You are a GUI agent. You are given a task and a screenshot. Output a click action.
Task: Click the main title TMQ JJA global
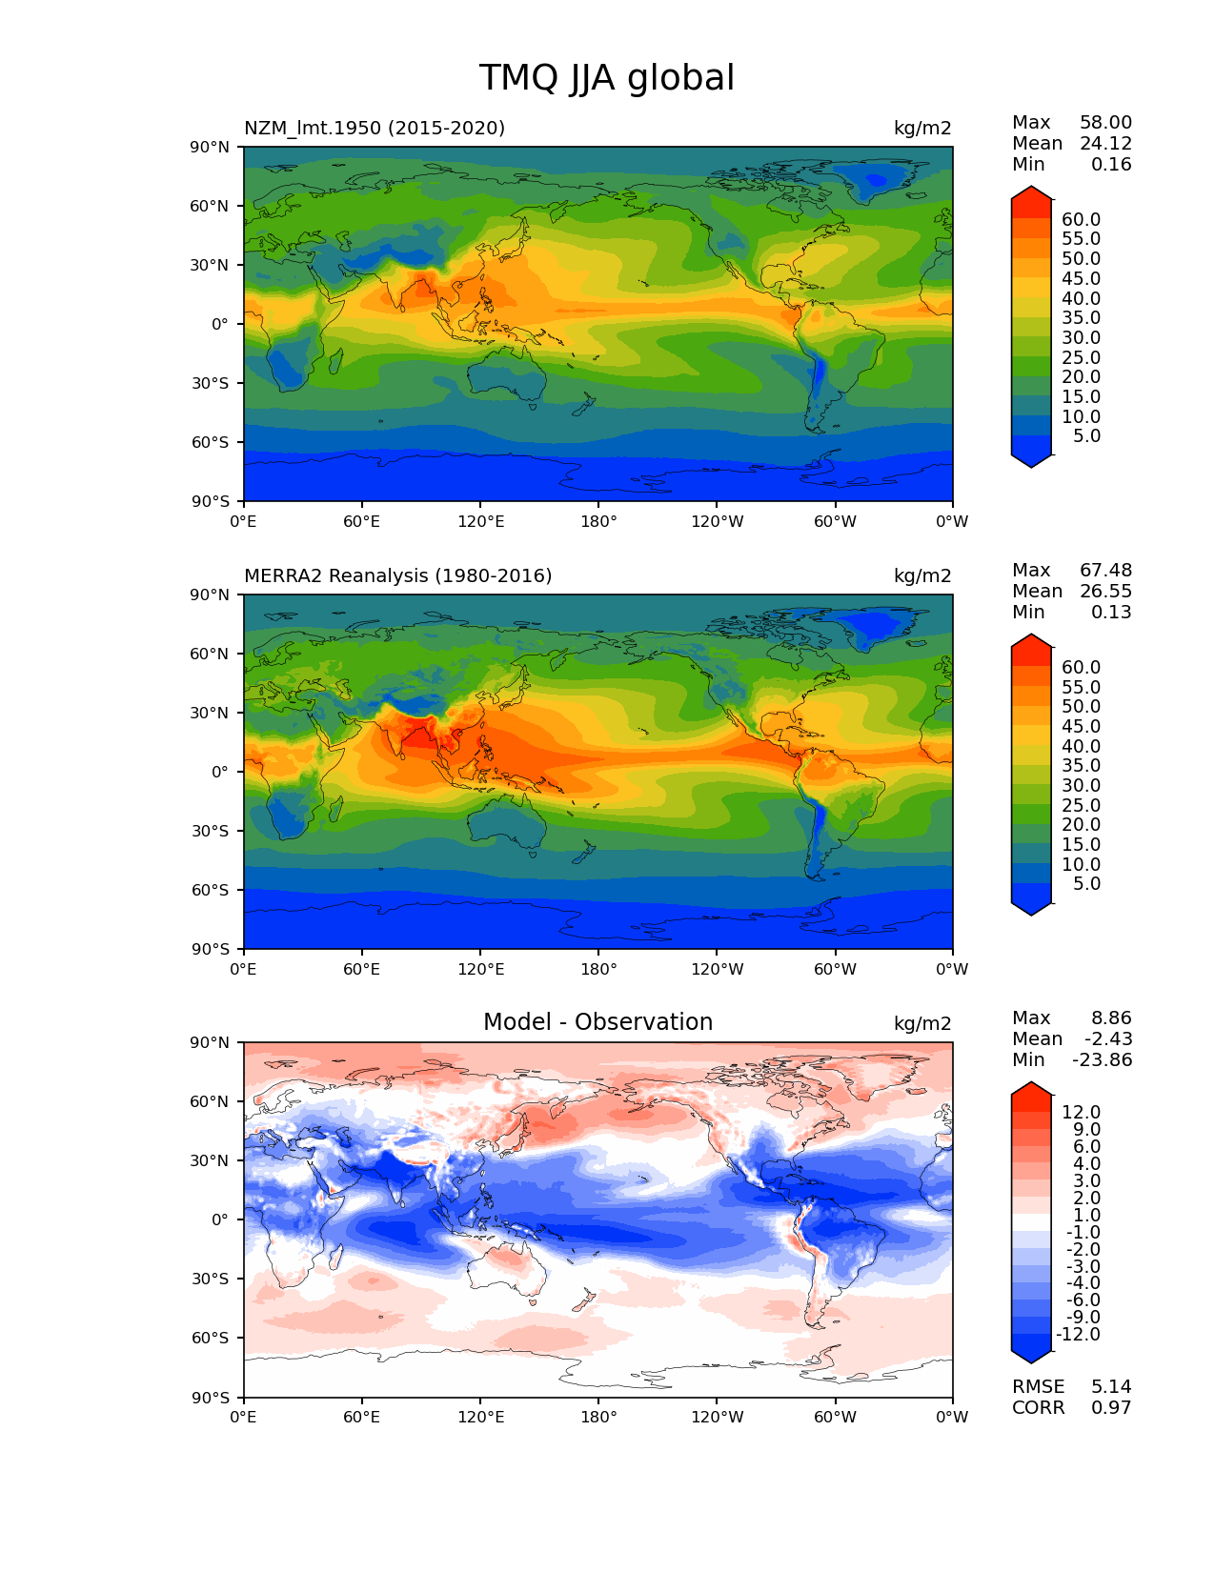pos(606,78)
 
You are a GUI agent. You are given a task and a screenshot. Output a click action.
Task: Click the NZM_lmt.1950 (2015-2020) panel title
pos(375,128)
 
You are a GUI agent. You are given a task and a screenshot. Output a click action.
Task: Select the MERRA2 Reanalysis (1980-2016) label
pos(397,575)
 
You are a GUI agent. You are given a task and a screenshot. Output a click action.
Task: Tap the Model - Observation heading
pos(597,1022)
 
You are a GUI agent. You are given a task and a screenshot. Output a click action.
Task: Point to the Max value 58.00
pos(1105,122)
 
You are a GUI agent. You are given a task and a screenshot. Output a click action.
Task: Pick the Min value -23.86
pos(1103,1059)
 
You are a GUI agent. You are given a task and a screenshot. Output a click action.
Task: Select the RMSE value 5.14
pos(1111,1386)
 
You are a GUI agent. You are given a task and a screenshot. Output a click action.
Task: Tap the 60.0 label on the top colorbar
pos(1081,220)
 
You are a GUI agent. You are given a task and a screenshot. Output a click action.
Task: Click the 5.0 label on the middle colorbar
pos(1086,883)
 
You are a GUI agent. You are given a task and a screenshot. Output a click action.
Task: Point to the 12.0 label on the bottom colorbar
pos(1081,1112)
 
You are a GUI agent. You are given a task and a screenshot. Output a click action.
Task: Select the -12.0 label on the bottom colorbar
pos(1078,1334)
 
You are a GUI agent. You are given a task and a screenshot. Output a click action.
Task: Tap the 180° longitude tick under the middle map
pos(598,969)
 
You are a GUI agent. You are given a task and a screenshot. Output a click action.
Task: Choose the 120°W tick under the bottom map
pos(717,1417)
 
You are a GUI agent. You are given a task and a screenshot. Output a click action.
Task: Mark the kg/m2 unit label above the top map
pos(921,128)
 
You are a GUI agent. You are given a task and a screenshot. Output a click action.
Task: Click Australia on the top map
pos(508,377)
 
